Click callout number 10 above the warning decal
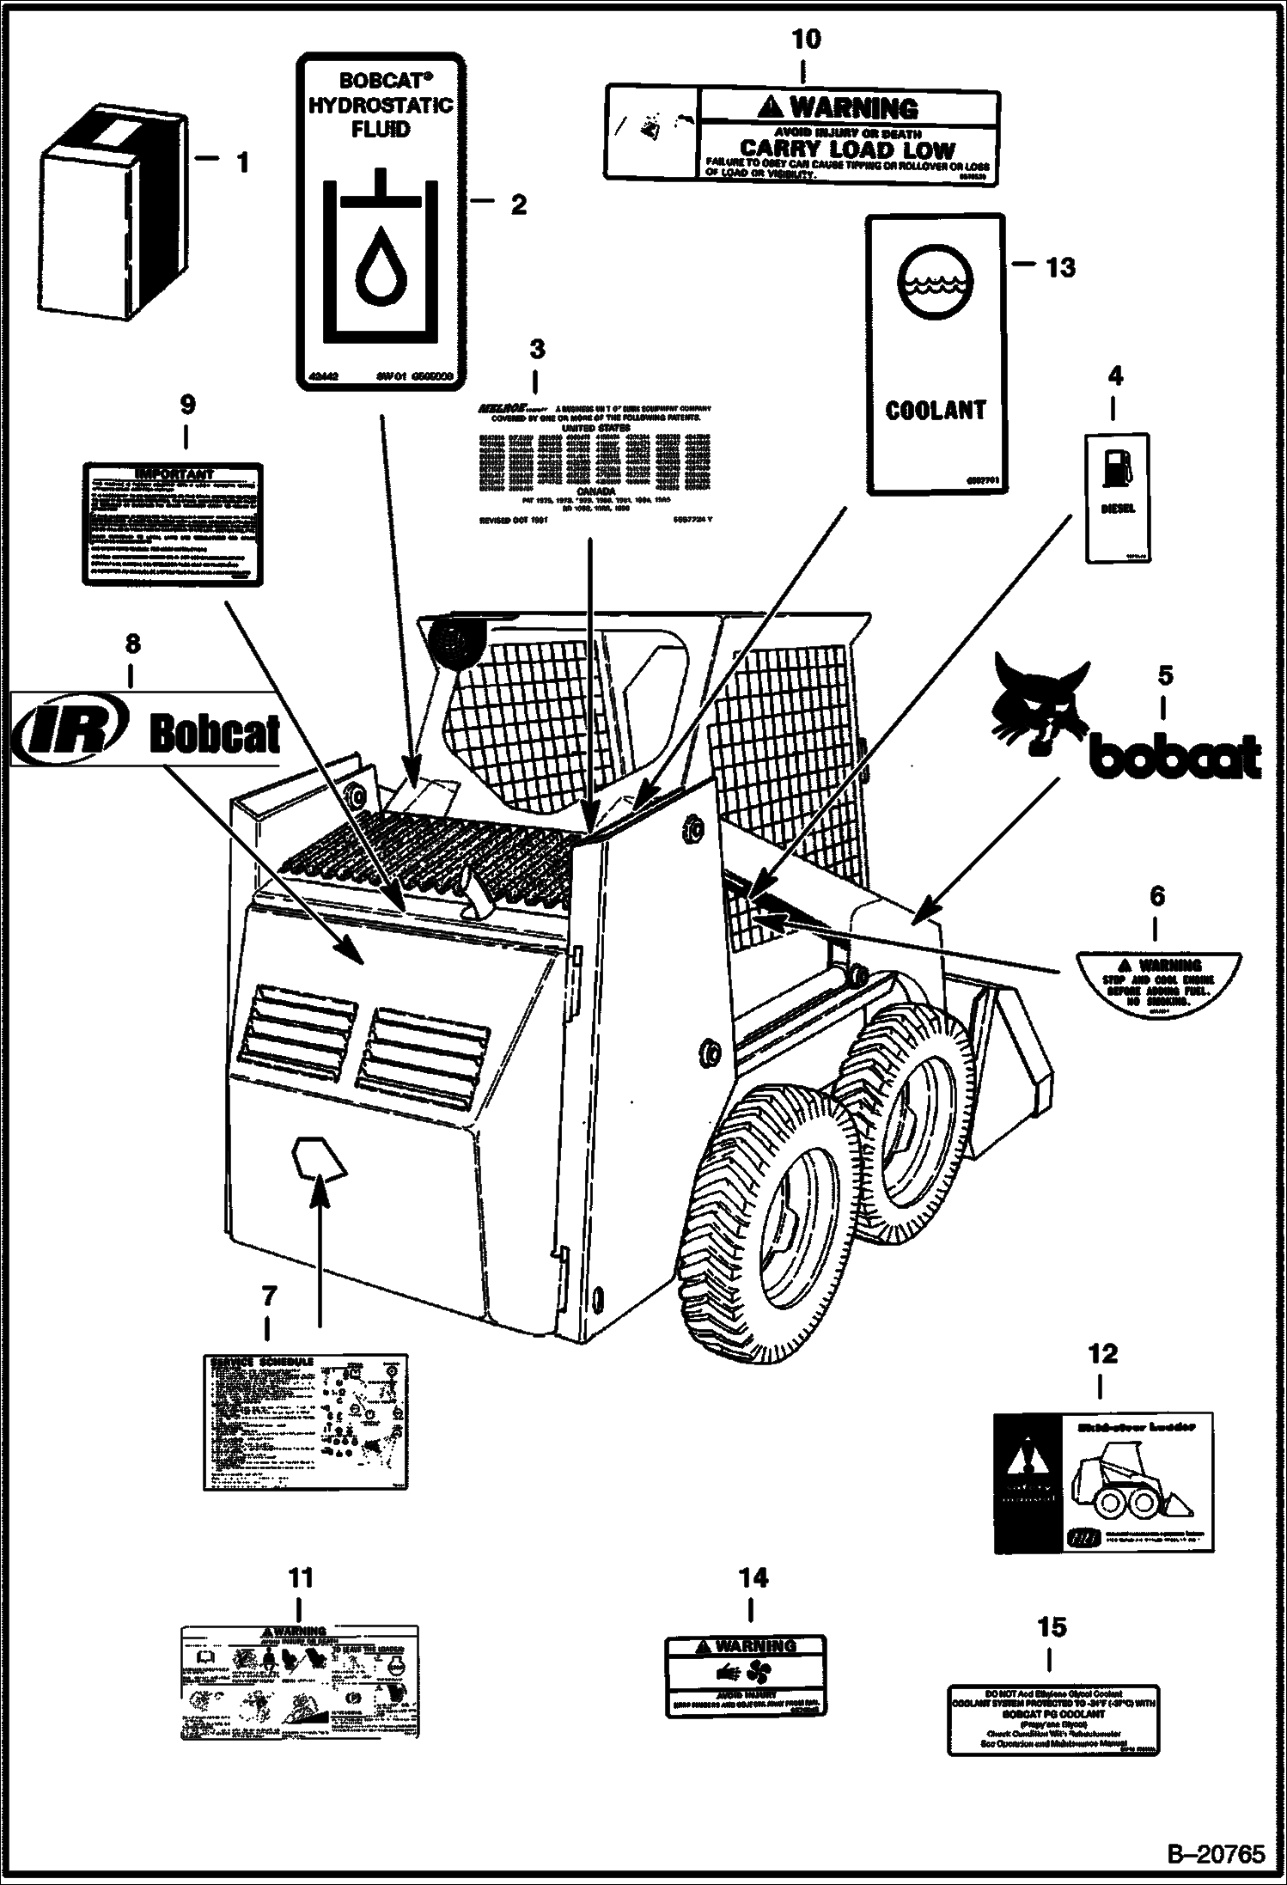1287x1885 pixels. coord(806,40)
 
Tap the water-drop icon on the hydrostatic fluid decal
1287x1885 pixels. coord(378,267)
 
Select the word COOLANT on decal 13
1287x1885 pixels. coord(936,411)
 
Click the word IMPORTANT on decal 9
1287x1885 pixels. coord(174,473)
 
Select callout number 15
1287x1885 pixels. coord(1052,1627)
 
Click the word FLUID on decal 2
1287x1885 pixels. coord(381,130)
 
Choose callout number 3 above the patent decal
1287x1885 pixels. coord(537,350)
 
